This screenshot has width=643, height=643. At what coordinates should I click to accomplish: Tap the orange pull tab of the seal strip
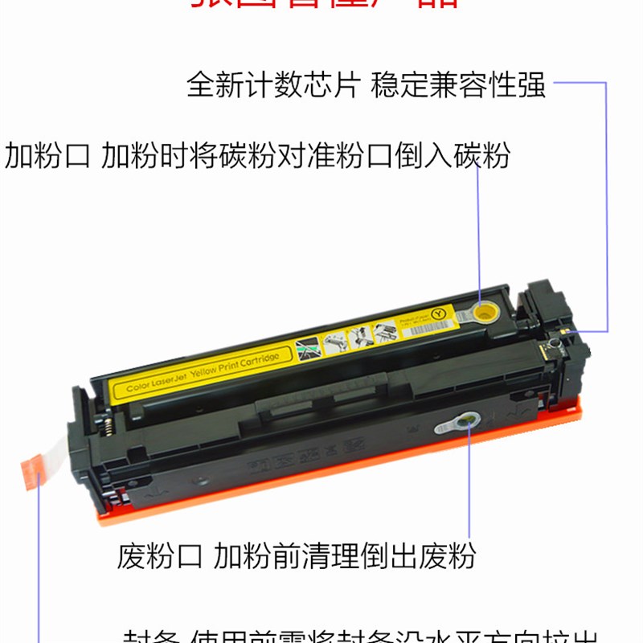point(31,469)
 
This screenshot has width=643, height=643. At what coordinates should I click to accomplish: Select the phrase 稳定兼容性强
point(458,85)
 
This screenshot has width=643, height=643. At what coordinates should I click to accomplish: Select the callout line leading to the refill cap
point(480,233)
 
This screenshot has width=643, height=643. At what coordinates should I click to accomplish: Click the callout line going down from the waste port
point(469,482)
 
